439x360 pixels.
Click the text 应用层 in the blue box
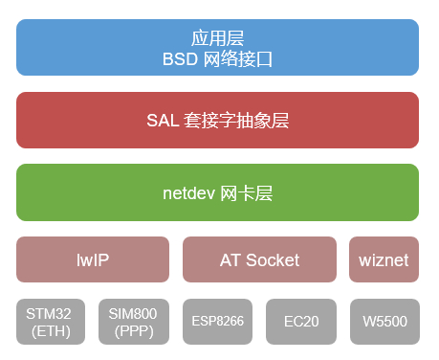click(217, 38)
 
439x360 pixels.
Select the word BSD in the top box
click(182, 58)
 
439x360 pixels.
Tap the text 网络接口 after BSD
click(239, 58)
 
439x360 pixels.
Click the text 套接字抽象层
click(235, 121)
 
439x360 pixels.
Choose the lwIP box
click(94, 259)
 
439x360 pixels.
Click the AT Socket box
click(259, 259)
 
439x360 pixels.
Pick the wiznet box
click(384, 259)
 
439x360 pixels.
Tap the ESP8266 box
click(217, 322)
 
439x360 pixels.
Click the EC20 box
click(300, 322)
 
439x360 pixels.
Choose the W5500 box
click(384, 322)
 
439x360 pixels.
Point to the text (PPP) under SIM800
click(134, 331)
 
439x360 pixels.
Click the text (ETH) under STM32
click(51, 331)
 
